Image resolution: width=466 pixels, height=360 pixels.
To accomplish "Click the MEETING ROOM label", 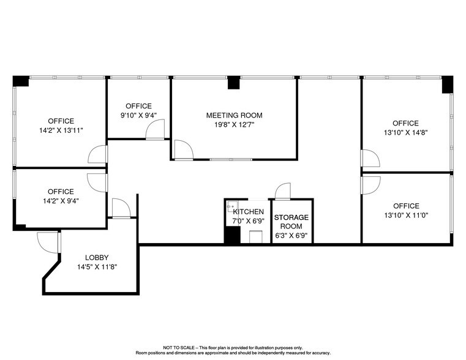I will coord(234,115).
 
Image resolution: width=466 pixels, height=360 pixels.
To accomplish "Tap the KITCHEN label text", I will coord(248,212).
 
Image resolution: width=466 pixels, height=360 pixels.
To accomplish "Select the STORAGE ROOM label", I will coord(291,222).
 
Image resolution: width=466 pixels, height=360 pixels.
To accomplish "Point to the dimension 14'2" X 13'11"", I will coord(61,130).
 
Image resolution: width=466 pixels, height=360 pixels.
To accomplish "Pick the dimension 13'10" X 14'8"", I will coord(405,132).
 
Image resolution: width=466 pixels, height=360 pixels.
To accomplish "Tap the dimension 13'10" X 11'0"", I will coord(405,215).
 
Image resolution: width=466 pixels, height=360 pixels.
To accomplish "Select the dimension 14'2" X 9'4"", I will coord(61,201).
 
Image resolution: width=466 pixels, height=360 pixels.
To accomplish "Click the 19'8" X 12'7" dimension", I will coord(234,124).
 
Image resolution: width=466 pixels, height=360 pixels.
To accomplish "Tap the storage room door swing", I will coord(282,191).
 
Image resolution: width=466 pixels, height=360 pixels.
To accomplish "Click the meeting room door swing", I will coord(182,150).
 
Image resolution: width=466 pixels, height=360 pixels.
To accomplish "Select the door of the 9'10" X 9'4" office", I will coord(156,130).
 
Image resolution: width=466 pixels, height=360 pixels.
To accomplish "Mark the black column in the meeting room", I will coord(233,83).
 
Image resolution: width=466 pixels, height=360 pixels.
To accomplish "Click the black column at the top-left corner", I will coord(21,81).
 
